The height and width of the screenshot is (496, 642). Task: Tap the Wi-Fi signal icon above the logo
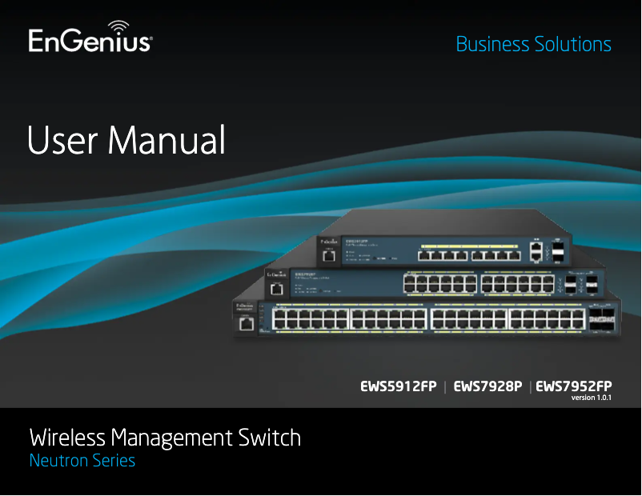[117, 26]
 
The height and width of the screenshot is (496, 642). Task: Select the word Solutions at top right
[572, 45]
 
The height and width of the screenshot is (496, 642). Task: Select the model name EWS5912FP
[398, 387]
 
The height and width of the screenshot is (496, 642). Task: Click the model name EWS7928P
[488, 387]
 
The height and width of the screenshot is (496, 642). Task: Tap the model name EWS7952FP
[574, 387]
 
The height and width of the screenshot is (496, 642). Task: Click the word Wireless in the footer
[67, 438]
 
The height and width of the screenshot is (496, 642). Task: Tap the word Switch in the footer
[270, 438]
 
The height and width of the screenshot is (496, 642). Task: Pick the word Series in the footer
[113, 462]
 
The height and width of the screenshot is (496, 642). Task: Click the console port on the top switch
[327, 257]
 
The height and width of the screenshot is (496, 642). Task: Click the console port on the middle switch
[278, 290]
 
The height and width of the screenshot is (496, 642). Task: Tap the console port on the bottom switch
[247, 323]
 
